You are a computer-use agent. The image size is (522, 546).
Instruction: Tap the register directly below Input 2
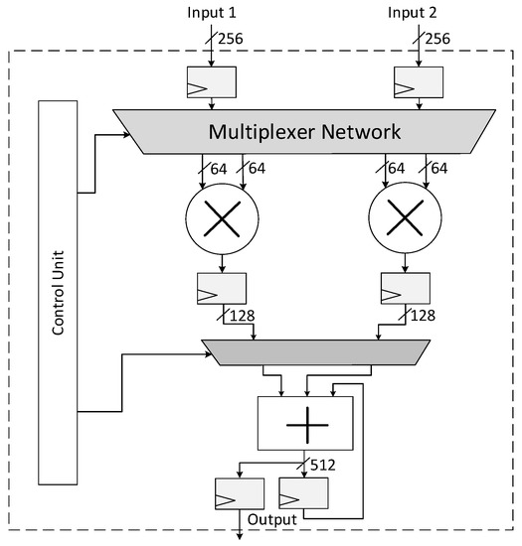point(418,82)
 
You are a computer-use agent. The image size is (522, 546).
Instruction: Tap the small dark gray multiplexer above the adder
point(307,349)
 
